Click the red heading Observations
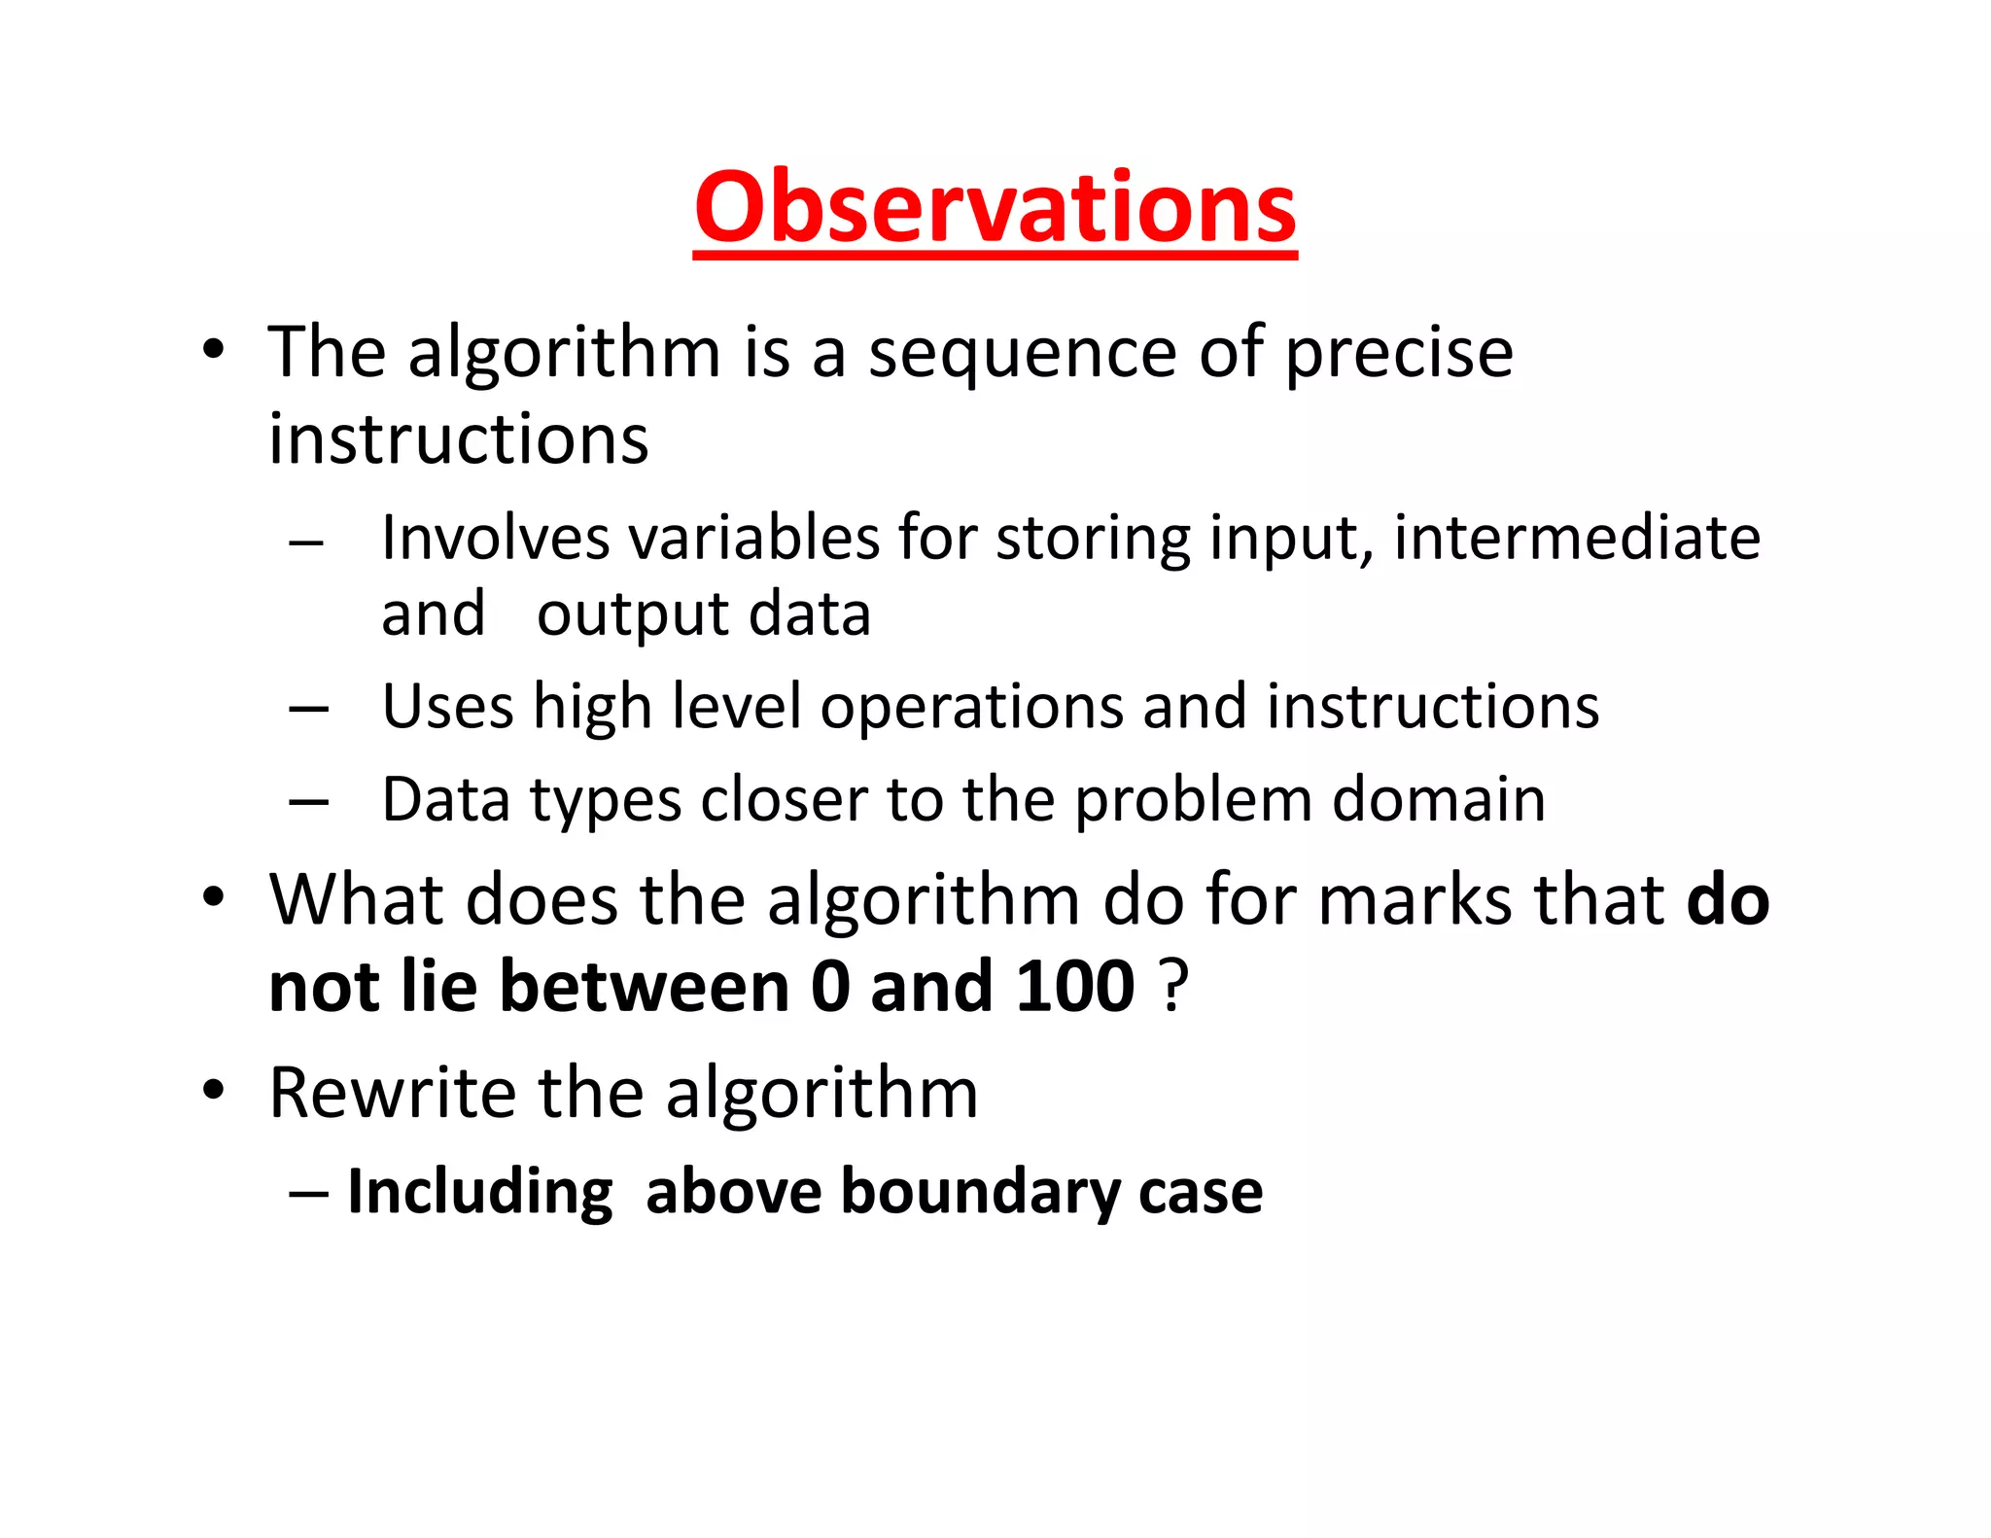tap(995, 208)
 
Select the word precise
tap(1399, 354)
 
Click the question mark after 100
tap(1175, 987)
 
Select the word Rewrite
tap(392, 1093)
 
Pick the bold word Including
tap(479, 1193)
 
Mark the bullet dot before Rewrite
tap(214, 1090)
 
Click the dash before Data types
tap(308, 802)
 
